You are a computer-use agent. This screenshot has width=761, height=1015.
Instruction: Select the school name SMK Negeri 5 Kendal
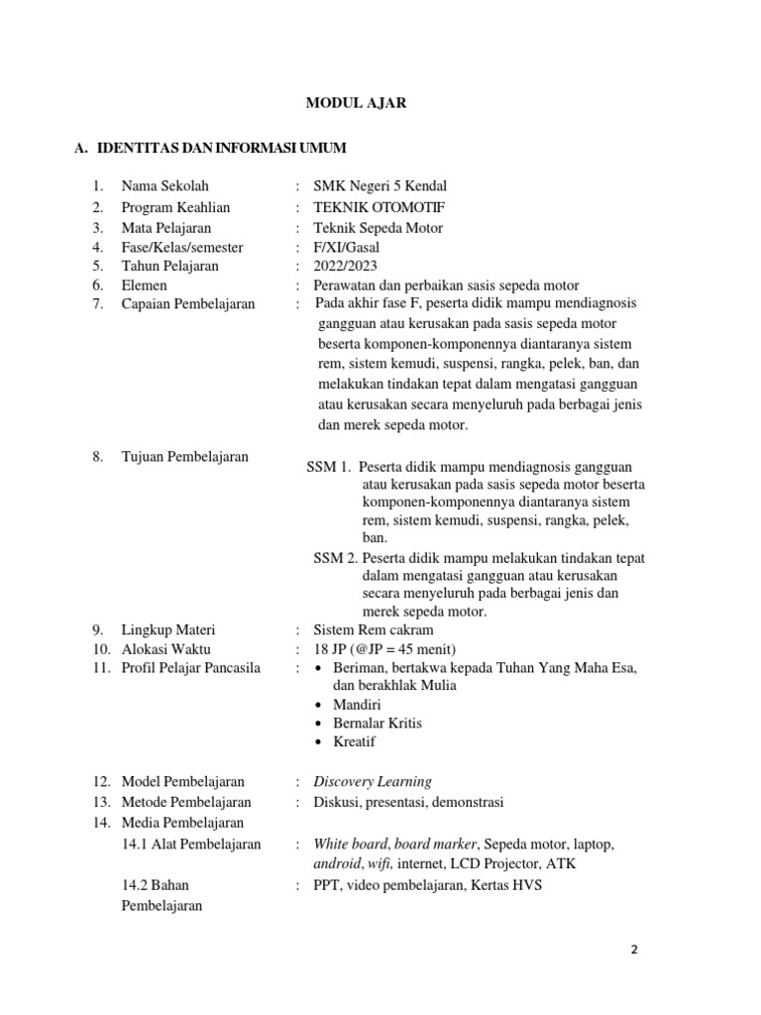[380, 186]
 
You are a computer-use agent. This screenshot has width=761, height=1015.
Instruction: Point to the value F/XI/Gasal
[347, 247]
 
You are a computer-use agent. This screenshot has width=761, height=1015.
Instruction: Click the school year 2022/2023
[346, 266]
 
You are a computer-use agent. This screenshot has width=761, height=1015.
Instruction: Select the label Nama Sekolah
[165, 186]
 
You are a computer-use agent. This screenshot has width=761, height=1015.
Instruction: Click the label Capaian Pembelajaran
[188, 304]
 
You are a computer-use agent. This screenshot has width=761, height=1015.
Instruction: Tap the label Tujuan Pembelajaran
[185, 457]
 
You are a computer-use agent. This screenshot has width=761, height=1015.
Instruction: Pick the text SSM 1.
[329, 467]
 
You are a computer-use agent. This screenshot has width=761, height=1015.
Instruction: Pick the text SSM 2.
[336, 558]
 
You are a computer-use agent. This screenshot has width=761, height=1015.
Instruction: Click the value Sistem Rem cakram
[373, 630]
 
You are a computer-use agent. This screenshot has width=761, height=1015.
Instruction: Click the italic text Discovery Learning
[373, 782]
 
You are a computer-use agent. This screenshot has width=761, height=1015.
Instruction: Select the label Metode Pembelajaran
[186, 802]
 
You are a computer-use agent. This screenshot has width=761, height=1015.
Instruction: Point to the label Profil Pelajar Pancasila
[191, 668]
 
